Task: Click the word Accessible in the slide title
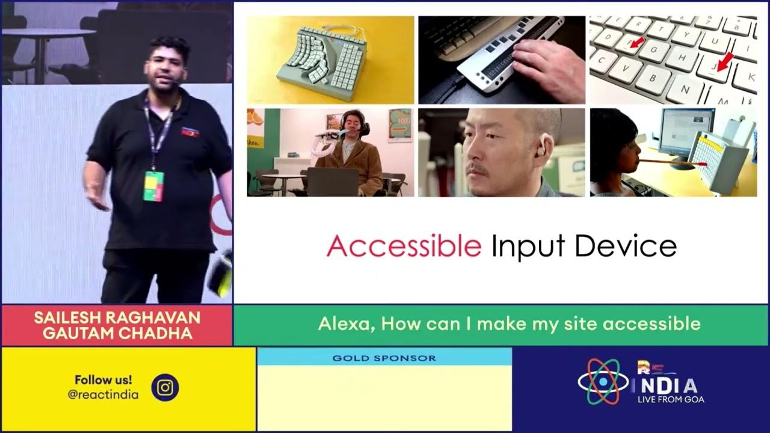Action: coord(404,246)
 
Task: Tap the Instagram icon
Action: coord(165,388)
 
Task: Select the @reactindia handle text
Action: coord(103,395)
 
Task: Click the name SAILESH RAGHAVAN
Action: coord(117,318)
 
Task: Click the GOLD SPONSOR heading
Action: coord(384,358)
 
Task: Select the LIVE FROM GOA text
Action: coord(670,399)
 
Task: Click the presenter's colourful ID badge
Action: coord(153,186)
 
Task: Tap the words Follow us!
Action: coord(103,379)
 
